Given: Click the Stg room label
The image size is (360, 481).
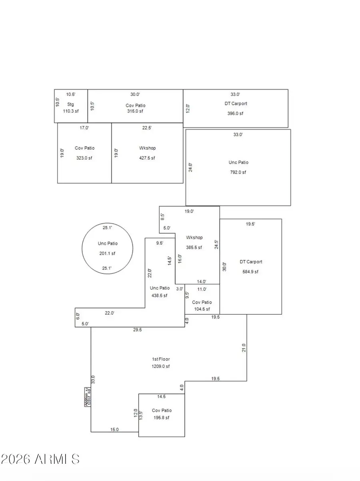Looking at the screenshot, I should point(71,104).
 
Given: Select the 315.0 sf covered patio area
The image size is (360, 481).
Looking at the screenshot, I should point(135,113).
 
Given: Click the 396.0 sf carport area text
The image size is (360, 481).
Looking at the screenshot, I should point(236,113).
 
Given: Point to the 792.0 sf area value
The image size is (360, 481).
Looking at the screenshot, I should point(238,172).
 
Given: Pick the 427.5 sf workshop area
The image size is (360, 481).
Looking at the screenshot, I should point(147,158).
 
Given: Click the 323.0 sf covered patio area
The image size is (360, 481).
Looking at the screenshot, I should point(84,158).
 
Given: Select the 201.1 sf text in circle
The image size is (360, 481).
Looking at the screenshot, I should point(107,253).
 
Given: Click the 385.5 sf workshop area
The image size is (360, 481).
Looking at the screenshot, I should point(194,247).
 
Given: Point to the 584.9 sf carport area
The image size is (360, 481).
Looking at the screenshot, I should point(251,272).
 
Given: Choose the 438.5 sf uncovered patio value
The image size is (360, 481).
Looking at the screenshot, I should point(159,296).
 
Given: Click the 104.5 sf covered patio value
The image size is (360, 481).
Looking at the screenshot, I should point(202,309).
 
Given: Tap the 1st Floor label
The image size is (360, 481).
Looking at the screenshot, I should point(161,359).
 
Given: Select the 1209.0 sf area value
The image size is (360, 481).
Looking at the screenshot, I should point(161,366).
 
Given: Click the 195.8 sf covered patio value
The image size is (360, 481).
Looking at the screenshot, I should point(162,418).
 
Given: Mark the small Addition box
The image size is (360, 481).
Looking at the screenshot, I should point(87,397).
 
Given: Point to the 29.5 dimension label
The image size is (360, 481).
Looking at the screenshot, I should point(138,330).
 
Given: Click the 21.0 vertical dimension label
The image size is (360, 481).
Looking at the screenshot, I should point(244,347).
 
